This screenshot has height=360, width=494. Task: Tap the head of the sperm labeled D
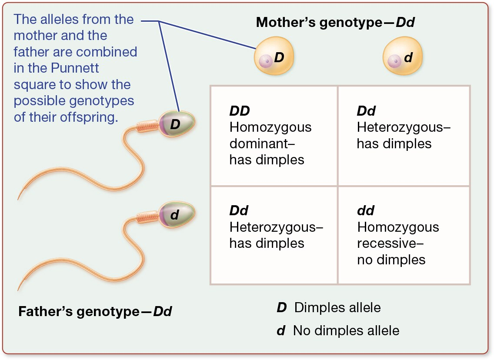pyautogui.click(x=176, y=124)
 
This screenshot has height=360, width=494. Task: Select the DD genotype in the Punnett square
pyautogui.click(x=240, y=111)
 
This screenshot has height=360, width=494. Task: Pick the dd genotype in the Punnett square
pyautogui.click(x=366, y=211)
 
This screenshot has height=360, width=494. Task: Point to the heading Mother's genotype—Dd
pyautogui.click(x=335, y=22)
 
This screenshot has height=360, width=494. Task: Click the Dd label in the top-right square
pyautogui.click(x=366, y=111)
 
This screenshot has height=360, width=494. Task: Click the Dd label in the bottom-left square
pyautogui.click(x=239, y=211)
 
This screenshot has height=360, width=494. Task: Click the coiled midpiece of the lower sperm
pyautogui.click(x=148, y=216)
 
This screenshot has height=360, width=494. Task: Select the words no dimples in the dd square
pyautogui.click(x=391, y=260)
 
